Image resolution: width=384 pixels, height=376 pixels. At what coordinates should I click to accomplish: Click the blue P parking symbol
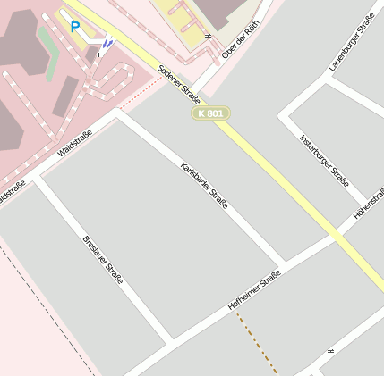[75, 28]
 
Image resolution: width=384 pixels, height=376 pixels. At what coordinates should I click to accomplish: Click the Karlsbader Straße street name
[204, 186]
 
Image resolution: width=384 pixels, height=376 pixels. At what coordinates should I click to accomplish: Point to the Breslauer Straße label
[102, 260]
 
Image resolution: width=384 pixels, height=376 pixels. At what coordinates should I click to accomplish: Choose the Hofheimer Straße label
[255, 290]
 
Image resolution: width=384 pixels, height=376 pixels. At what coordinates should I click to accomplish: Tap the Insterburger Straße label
[324, 160]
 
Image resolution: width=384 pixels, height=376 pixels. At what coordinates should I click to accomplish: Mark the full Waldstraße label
[74, 143]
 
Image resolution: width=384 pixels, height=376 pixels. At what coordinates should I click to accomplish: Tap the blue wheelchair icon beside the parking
[108, 41]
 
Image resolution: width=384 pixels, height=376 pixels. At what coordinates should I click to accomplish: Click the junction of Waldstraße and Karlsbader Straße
[119, 113]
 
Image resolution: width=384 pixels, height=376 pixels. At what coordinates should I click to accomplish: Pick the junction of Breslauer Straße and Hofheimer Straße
[170, 342]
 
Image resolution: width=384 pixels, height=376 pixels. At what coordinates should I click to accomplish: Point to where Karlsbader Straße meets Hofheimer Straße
[286, 265]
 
